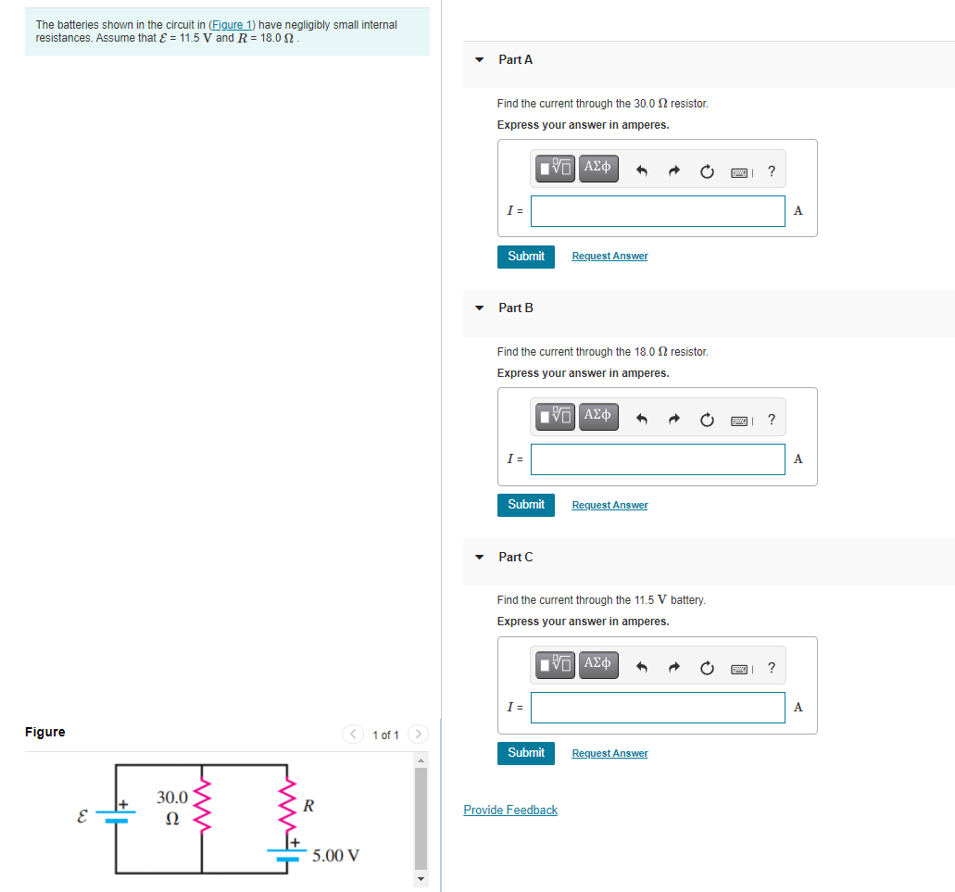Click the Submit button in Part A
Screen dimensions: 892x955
[x=525, y=257]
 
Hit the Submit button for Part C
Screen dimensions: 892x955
[x=525, y=753]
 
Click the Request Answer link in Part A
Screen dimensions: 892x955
[x=609, y=257]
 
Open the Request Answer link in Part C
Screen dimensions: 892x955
[x=609, y=754]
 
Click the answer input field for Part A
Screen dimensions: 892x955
[x=658, y=211]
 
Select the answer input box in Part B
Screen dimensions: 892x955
[x=658, y=459]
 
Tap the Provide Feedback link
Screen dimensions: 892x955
[x=510, y=810]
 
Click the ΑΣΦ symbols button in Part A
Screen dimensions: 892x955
[x=598, y=169]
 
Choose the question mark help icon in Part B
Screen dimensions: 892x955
[x=772, y=420]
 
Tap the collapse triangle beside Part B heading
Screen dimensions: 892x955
[x=479, y=308]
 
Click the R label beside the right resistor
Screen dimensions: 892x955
[x=308, y=806]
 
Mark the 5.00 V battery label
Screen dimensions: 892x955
[x=335, y=855]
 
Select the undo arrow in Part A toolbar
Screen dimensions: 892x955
[x=642, y=171]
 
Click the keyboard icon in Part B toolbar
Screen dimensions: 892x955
[x=740, y=421]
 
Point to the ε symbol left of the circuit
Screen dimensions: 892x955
[x=82, y=818]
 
